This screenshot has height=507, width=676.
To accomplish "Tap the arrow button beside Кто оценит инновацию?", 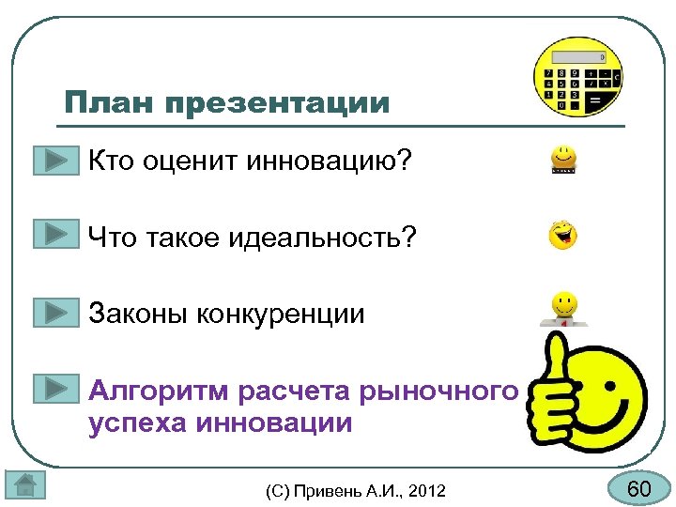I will coord(56,161).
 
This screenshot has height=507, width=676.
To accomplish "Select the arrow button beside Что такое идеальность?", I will coord(56,234).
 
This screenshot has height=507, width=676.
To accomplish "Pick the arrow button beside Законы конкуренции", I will coord(56,311).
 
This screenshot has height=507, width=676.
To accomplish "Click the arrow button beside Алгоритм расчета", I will coord(56,388).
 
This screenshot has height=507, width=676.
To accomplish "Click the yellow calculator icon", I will coord(577,77).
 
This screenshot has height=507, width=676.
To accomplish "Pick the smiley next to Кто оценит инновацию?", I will coord(563,161).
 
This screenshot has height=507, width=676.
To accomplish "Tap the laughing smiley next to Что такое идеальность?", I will coord(563,236).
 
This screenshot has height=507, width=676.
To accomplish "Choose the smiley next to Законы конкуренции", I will coord(563,308).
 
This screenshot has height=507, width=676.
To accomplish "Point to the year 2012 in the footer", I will coord(428,490).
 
